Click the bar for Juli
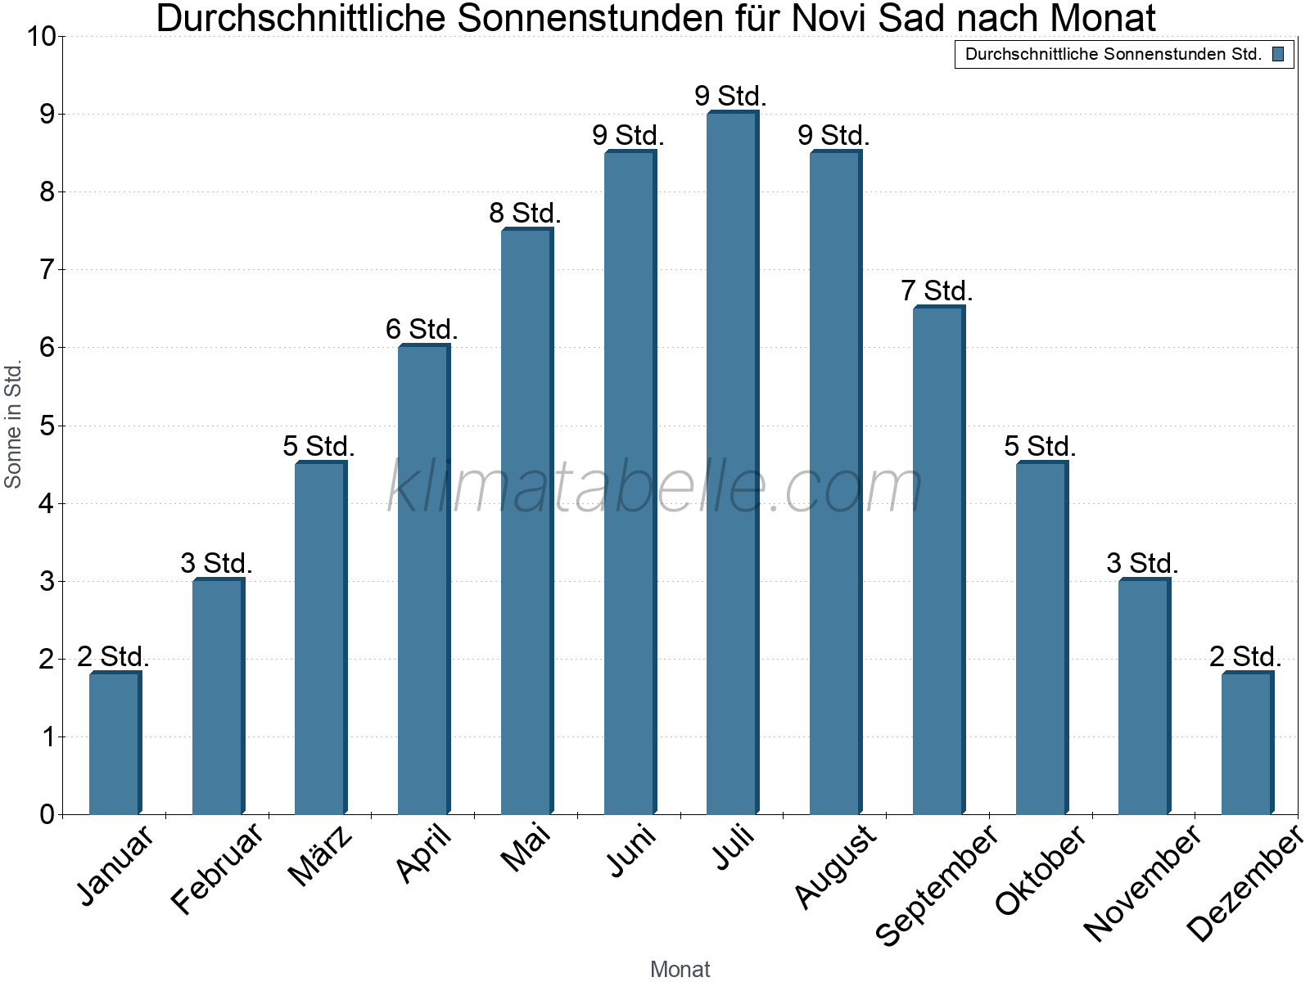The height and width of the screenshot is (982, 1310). pos(733,463)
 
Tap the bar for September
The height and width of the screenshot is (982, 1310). pos(939,561)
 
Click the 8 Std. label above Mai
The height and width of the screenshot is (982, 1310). pos(525,214)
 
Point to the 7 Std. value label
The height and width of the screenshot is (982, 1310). pos(937,291)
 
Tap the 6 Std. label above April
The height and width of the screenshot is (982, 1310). pos(422,330)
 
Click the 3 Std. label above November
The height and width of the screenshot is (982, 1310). pos(1142,564)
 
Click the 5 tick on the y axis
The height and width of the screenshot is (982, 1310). pos(47,426)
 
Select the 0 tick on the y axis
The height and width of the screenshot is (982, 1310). pos(47,814)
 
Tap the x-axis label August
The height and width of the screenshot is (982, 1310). pos(835,866)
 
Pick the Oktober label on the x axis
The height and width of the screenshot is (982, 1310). pos(1041,869)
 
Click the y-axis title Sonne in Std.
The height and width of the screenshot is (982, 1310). pos(13,426)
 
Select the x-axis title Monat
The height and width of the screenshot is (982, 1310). pos(680,969)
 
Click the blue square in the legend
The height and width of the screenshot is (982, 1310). pos(1278,55)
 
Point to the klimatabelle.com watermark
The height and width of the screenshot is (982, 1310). pos(655,488)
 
